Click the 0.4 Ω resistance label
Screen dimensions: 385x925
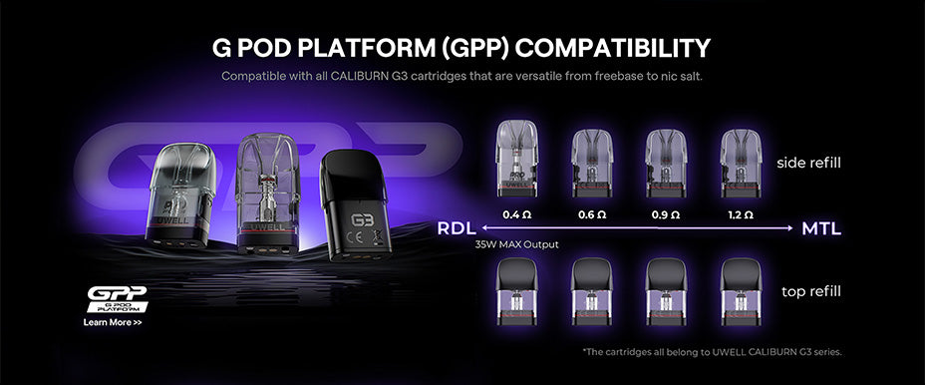(515, 214)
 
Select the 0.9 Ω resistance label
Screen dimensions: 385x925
(665, 214)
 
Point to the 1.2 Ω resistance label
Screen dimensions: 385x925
(741, 214)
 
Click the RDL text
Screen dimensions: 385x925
(457, 229)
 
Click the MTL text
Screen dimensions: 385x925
(822, 229)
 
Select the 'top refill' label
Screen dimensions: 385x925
(809, 291)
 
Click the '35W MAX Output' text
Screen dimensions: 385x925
(516, 244)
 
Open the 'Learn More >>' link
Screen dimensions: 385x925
(112, 323)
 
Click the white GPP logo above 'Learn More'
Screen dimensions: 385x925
(116, 297)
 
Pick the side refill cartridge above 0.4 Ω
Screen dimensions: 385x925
(515, 158)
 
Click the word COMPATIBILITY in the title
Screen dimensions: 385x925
(597, 49)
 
